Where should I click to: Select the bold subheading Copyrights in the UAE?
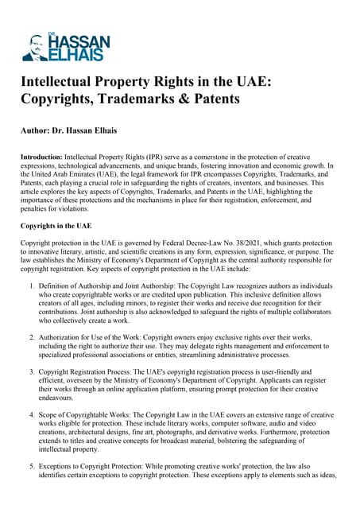click(56, 226)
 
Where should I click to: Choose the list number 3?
click(31, 371)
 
